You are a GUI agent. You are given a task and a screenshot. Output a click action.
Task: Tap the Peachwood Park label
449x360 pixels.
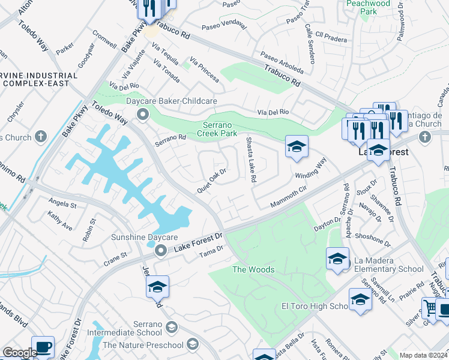pyautogui.click(x=369, y=7)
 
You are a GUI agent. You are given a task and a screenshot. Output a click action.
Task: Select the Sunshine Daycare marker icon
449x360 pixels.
pyautogui.click(x=160, y=250)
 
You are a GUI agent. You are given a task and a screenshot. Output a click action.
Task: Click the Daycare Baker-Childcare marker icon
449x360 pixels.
pyautogui.click(x=142, y=113)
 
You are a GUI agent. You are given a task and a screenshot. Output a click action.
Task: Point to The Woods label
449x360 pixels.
pyautogui.click(x=253, y=269)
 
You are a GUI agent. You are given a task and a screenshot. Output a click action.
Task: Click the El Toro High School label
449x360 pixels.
pyautogui.click(x=315, y=306)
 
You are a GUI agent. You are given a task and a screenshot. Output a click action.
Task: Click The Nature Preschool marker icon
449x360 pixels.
pyautogui.click(x=192, y=344)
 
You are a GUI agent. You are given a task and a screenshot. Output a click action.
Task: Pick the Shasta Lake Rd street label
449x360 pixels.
pyautogui.click(x=250, y=160)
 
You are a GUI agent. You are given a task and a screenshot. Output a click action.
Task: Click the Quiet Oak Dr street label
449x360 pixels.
pyautogui.click(x=212, y=181)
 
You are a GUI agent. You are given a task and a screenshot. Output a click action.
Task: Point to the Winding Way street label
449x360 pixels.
pyautogui.click(x=310, y=169)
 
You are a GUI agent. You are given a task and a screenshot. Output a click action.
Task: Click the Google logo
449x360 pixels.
pyautogui.click(x=19, y=353)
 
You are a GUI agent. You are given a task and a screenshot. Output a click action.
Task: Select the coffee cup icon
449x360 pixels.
pyautogui.click(x=43, y=347)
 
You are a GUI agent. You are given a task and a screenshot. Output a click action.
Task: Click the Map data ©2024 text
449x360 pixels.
pyautogui.click(x=423, y=355)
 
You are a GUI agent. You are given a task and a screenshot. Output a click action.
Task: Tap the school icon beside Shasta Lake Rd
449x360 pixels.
pyautogui.click(x=296, y=146)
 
